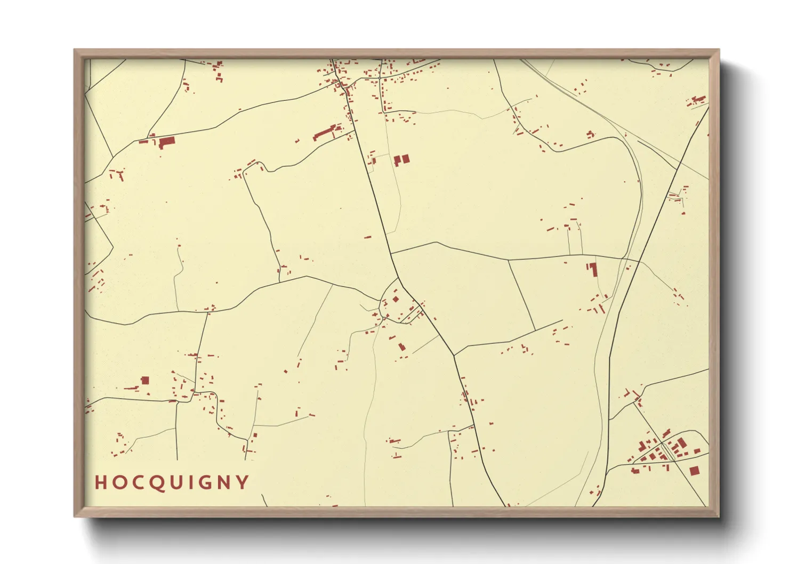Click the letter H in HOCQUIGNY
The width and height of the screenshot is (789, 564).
(100, 482)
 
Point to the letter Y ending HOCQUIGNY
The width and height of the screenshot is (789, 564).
(243, 482)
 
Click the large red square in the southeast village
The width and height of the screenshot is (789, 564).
(694, 471)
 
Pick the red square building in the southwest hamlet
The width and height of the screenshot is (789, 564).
(145, 380)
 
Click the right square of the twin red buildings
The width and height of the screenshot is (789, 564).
(406, 159)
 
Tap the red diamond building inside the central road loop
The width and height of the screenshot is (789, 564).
(396, 299)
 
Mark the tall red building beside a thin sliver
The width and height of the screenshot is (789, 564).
(594, 269)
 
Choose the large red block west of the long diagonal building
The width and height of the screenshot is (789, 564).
(167, 141)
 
